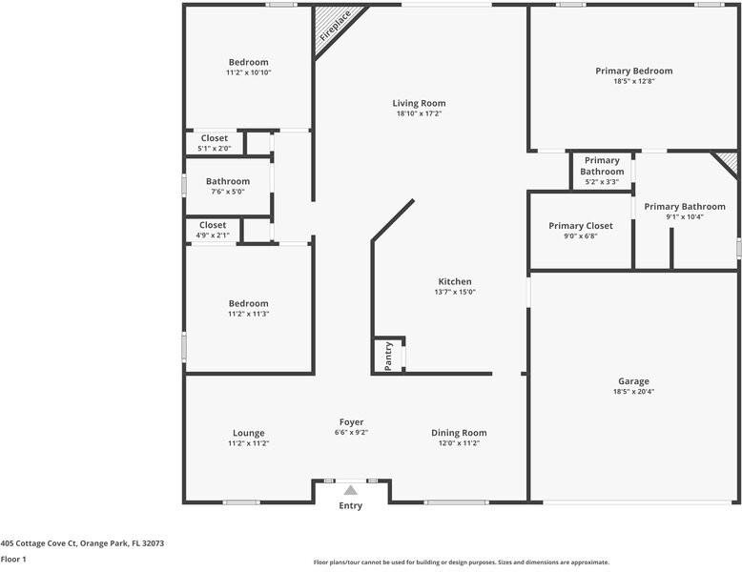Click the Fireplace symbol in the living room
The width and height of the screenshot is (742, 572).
tap(333, 26)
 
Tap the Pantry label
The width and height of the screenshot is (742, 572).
tap(388, 356)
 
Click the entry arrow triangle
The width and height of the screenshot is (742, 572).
tap(351, 490)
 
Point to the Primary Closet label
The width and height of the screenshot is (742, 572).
tap(580, 226)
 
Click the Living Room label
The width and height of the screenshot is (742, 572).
tap(419, 103)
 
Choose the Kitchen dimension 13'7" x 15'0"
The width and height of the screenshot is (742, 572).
tap(455, 292)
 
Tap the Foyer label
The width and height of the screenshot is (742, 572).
tap(351, 422)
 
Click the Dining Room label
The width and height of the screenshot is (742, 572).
tap(459, 433)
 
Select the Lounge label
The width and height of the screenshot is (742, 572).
tap(248, 433)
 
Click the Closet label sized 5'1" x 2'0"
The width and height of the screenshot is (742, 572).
tap(214, 138)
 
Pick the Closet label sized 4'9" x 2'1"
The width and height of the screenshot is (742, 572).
tap(213, 225)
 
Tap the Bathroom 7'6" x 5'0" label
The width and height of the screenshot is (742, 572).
tap(228, 181)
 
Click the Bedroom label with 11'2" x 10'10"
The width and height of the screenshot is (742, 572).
tap(248, 62)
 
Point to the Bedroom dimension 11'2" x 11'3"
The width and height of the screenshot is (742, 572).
tap(248, 314)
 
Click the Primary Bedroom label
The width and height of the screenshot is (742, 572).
tap(633, 71)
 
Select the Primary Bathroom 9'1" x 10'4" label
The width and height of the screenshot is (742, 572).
tap(684, 206)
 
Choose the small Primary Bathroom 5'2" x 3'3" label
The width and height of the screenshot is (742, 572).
tap(602, 166)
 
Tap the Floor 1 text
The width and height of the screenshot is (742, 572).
tap(13, 560)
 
